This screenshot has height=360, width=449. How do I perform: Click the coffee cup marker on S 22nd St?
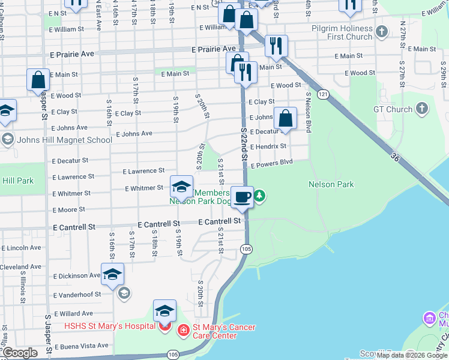point(242,197)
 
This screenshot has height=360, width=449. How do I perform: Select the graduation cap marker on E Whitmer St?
point(181,187)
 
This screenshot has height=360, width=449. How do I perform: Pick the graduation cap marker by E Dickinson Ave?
point(112,274)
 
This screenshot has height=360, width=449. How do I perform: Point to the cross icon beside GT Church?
point(423,109)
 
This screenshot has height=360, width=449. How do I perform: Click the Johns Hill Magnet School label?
point(65,140)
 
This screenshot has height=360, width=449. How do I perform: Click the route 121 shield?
point(324,94)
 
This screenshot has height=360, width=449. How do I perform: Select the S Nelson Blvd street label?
point(309,112)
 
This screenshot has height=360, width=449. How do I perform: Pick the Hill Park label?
point(18,180)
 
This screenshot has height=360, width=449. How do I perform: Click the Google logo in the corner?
point(20,353)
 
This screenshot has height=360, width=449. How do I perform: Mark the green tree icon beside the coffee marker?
point(260,195)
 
